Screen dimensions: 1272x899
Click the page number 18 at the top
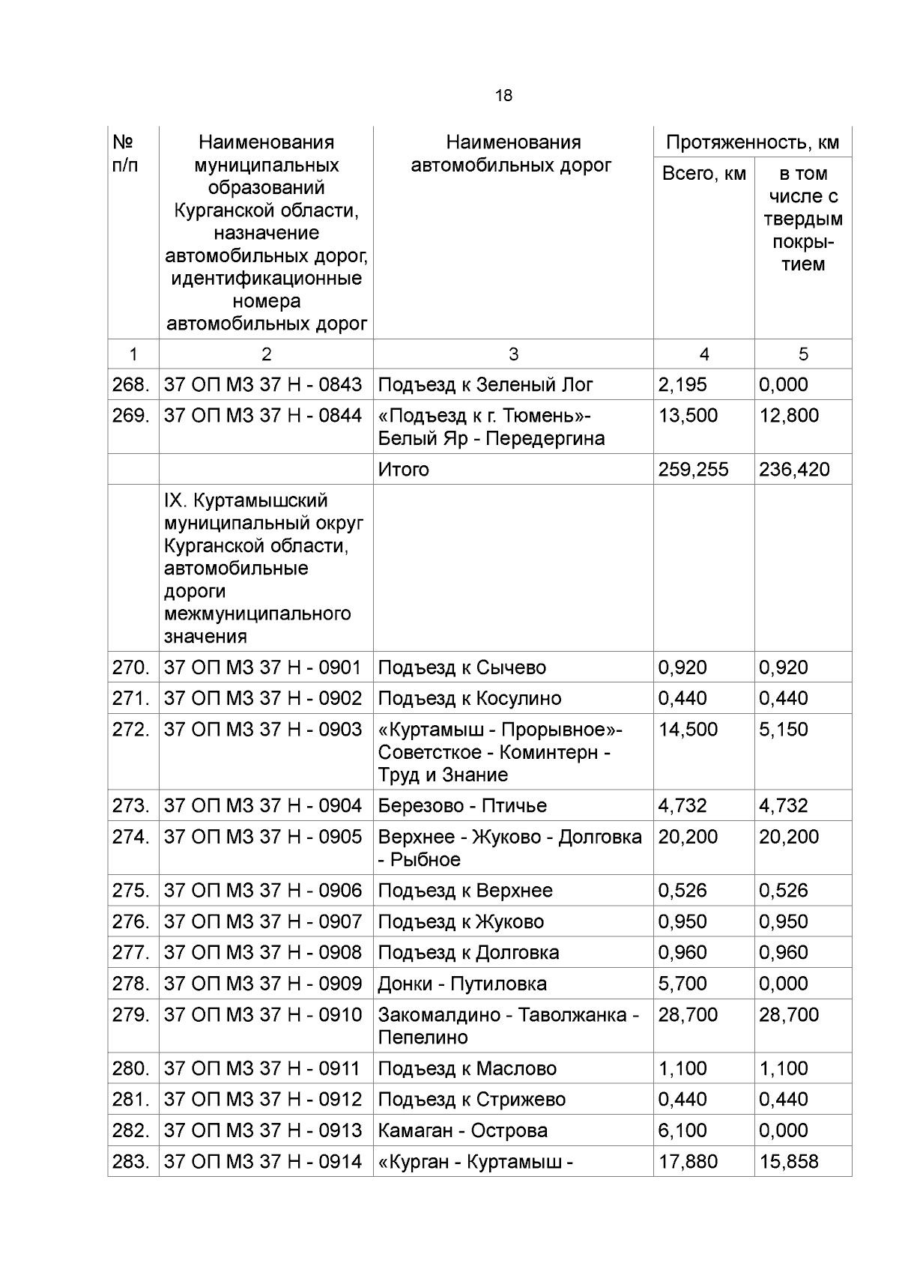(x=503, y=96)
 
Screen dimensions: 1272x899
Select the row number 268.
(x=130, y=385)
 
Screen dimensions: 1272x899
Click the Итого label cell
(x=404, y=470)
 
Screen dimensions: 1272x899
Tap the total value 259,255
(x=693, y=470)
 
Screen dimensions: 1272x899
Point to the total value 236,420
(x=794, y=470)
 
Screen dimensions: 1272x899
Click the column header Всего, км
(x=703, y=174)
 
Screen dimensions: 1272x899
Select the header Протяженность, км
(x=752, y=142)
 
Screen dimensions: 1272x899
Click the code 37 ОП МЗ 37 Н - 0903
(x=263, y=730)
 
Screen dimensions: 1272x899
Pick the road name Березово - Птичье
(x=462, y=806)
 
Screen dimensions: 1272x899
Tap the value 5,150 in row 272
(x=783, y=730)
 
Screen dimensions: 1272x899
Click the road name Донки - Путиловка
(x=462, y=984)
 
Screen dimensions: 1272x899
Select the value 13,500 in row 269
(x=688, y=416)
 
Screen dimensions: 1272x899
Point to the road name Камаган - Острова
(x=462, y=1130)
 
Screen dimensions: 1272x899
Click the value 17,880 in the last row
(x=688, y=1162)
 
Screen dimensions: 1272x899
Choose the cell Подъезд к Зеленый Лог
(x=485, y=385)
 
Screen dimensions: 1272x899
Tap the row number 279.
(x=130, y=1015)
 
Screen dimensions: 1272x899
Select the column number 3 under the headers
(x=513, y=354)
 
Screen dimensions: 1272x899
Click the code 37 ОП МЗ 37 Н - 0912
(x=263, y=1100)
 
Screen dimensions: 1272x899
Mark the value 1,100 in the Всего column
(x=682, y=1069)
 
